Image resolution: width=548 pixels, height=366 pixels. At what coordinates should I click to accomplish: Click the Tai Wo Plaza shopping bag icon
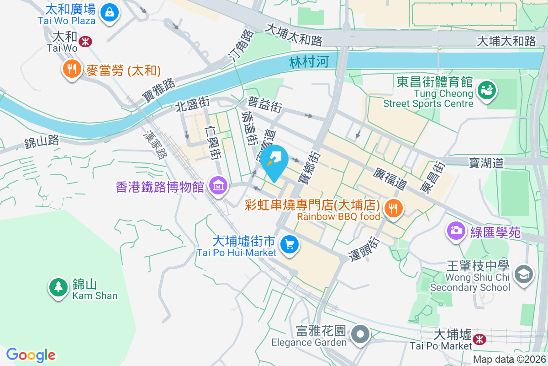point(110,12)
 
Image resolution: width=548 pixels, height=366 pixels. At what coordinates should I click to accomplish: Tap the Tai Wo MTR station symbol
point(84,42)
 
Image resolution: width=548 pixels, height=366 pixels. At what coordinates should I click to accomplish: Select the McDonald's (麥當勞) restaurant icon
point(71,69)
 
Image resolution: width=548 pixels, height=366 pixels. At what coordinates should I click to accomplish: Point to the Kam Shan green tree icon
point(58,287)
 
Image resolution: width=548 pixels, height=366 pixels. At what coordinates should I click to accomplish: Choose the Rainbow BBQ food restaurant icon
point(392,208)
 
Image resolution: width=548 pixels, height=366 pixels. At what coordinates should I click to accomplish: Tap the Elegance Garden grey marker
point(361,334)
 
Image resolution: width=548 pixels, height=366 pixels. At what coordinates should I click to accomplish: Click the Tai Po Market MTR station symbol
point(479,339)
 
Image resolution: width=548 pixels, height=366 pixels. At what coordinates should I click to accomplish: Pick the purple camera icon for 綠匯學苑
point(455,230)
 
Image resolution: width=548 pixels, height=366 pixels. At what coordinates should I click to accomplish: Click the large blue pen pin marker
point(276,161)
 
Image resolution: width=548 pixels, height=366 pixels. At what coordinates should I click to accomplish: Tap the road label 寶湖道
point(486,163)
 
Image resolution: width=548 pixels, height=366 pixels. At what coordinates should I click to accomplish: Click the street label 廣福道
point(390,178)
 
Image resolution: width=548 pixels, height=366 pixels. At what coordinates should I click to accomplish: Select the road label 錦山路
point(42,141)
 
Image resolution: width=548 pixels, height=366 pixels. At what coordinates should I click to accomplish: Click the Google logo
point(31,355)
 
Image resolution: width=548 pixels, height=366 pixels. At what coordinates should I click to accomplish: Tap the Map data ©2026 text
point(509,360)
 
